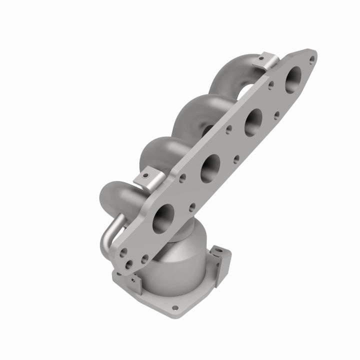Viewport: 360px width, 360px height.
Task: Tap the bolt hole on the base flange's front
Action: pos(175,308)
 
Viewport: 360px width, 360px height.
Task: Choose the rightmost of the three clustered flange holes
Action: pos(145,258)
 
